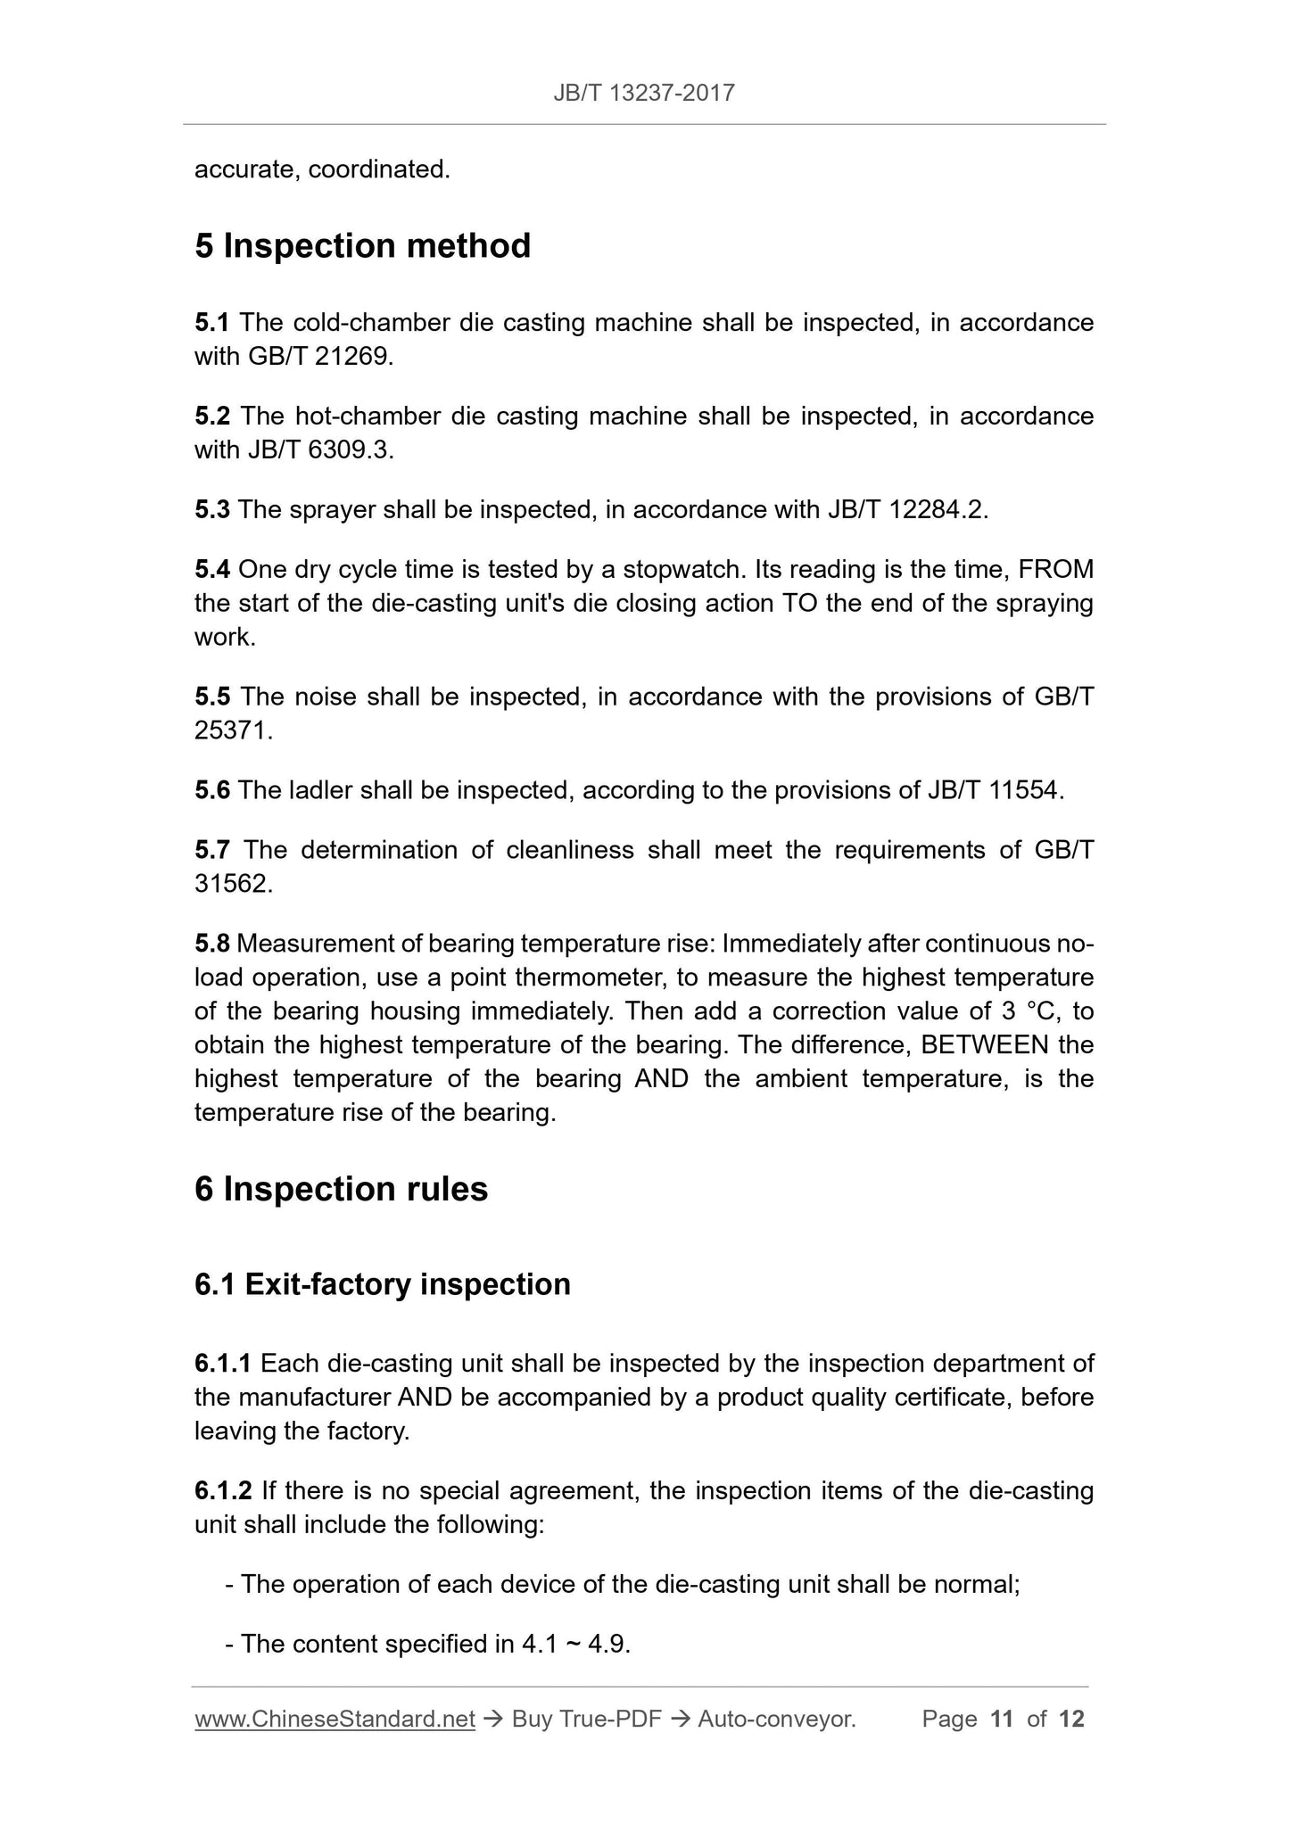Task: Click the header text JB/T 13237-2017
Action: coord(644,93)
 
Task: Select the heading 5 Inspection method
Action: coord(362,246)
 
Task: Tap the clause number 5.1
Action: coord(212,323)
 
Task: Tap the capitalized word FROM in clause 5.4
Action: coord(1055,570)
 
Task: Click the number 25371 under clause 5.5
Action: coord(230,731)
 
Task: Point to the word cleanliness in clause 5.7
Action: coord(569,850)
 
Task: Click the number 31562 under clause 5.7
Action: coord(230,884)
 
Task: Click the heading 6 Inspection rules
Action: coord(341,1190)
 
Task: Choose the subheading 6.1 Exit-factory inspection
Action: coord(382,1284)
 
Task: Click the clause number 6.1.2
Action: coord(223,1491)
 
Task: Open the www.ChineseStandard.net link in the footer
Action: coord(335,1720)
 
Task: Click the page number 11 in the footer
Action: coord(1002,1720)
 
